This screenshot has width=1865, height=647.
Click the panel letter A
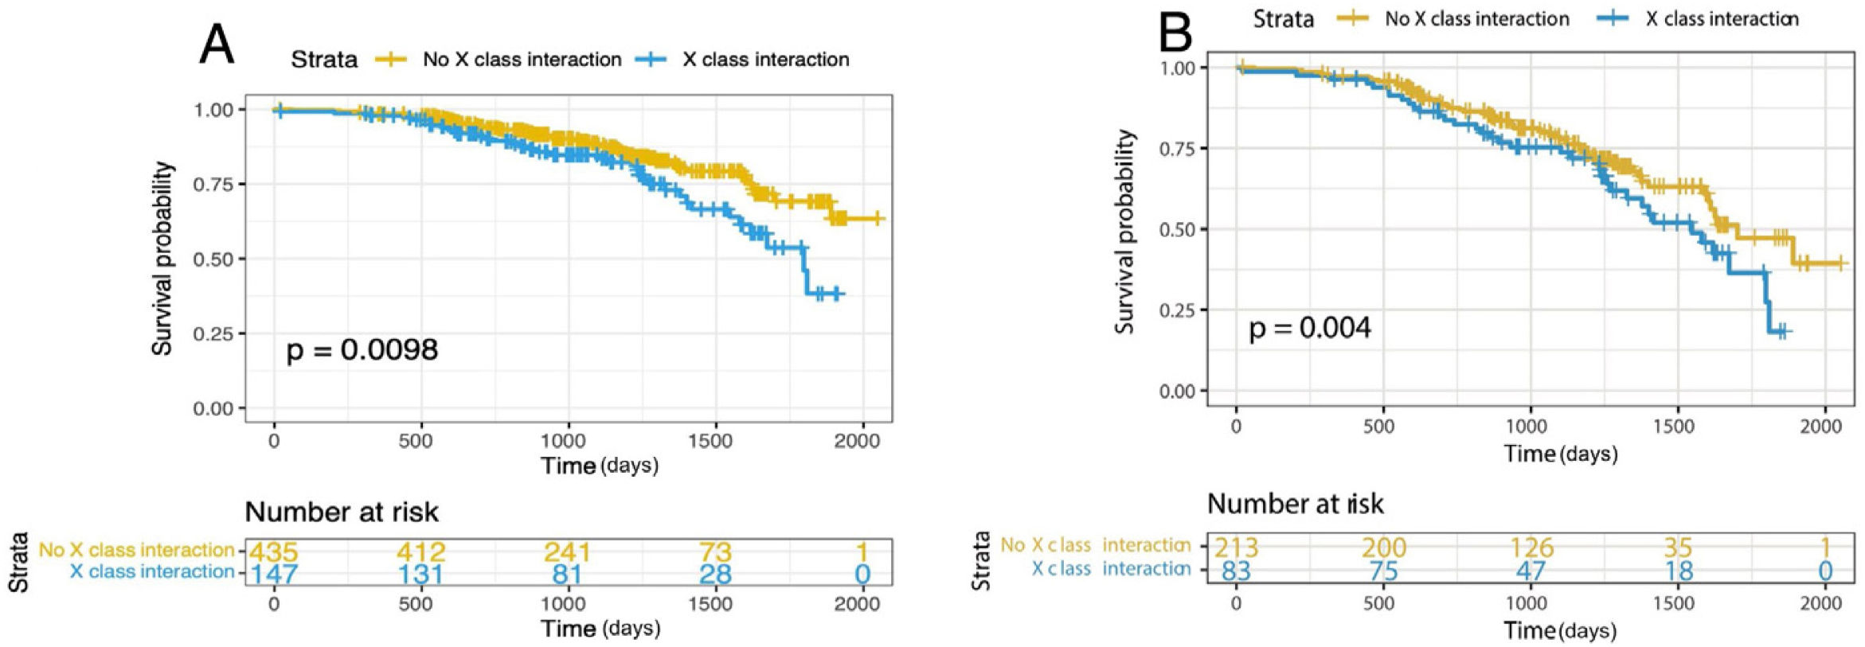216,44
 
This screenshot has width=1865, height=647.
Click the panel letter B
1175,32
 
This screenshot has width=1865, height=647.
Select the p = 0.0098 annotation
362,350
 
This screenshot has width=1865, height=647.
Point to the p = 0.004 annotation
1309,328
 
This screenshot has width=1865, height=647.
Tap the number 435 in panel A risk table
273,552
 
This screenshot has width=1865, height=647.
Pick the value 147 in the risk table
275,574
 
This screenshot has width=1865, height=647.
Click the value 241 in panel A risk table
567,552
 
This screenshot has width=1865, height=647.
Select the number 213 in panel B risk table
1236,548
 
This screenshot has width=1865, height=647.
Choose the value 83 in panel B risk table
1236,571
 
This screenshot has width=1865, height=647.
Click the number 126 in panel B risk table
1531,548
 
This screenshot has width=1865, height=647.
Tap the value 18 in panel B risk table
1678,571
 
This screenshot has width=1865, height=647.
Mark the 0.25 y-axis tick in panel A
213,333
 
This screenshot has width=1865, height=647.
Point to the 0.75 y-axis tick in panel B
1177,149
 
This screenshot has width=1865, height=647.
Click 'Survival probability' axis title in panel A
162,258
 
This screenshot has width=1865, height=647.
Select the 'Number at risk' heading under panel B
1295,504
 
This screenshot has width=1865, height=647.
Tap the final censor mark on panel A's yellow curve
877,218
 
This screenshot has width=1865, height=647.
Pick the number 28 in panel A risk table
715,574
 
